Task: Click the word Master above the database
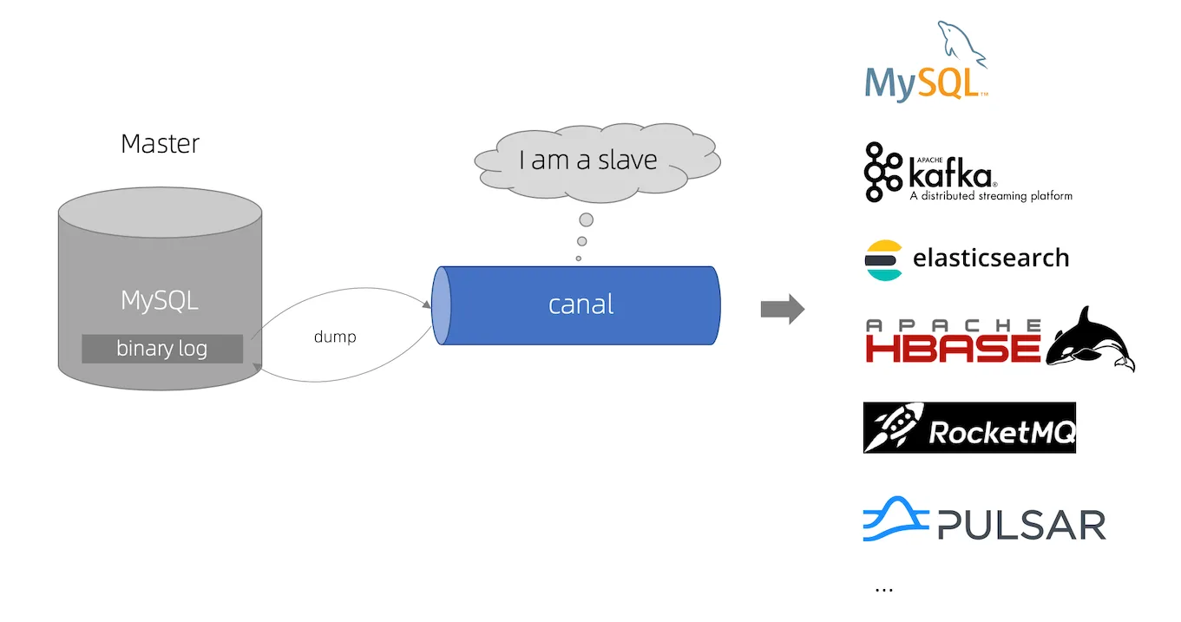click(x=160, y=143)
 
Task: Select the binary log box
click(x=162, y=349)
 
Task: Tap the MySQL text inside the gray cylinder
click(x=160, y=301)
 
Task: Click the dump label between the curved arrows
click(x=335, y=337)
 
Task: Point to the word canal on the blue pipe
click(x=581, y=304)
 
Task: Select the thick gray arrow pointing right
click(x=782, y=310)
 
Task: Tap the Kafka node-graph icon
click(x=883, y=172)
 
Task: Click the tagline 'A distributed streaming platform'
click(x=990, y=197)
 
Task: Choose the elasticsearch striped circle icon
click(x=883, y=259)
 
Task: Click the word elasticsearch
click(x=990, y=259)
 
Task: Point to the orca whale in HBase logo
click(x=1091, y=341)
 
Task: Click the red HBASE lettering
click(x=953, y=347)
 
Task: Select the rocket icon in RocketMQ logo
click(x=893, y=428)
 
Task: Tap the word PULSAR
click(x=1021, y=526)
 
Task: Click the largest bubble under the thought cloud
click(x=587, y=219)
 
